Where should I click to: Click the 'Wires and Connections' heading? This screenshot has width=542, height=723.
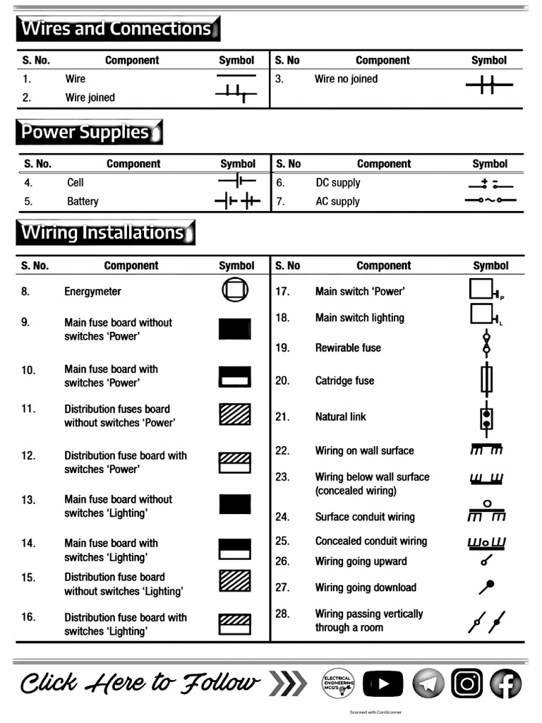click(x=117, y=29)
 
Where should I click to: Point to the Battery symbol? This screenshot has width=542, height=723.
click(x=237, y=201)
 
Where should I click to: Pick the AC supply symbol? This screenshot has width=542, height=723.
click(x=490, y=201)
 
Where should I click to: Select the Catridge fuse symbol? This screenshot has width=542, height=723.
click(x=486, y=380)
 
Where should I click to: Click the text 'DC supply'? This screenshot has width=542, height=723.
click(x=337, y=183)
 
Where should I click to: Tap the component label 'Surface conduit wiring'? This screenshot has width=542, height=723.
click(x=365, y=517)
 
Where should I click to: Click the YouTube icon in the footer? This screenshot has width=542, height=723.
click(x=383, y=683)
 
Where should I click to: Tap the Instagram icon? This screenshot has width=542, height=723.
click(x=466, y=683)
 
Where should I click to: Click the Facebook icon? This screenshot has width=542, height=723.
click(x=505, y=683)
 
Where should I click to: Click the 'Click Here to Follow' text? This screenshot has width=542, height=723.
click(x=140, y=683)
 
